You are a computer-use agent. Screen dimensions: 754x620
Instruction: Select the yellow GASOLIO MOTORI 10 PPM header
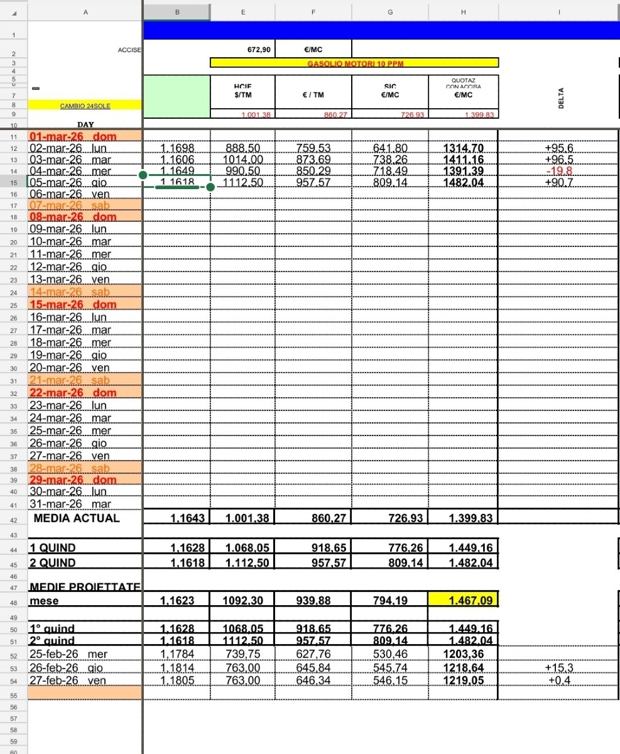[354, 63]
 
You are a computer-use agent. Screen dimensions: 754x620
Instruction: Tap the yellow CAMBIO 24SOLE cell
[85, 106]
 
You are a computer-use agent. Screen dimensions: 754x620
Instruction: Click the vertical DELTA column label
[561, 97]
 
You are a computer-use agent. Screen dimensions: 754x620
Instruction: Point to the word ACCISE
[130, 50]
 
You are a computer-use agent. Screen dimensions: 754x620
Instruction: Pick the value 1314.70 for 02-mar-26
[464, 148]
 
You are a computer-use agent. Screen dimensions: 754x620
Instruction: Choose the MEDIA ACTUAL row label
[76, 518]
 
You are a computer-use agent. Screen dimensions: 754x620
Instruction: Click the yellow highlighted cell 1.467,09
[464, 601]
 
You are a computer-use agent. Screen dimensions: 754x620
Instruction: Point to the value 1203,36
[464, 653]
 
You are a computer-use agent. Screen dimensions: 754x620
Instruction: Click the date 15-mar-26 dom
[73, 305]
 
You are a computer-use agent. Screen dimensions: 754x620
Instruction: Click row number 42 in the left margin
[13, 520]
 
